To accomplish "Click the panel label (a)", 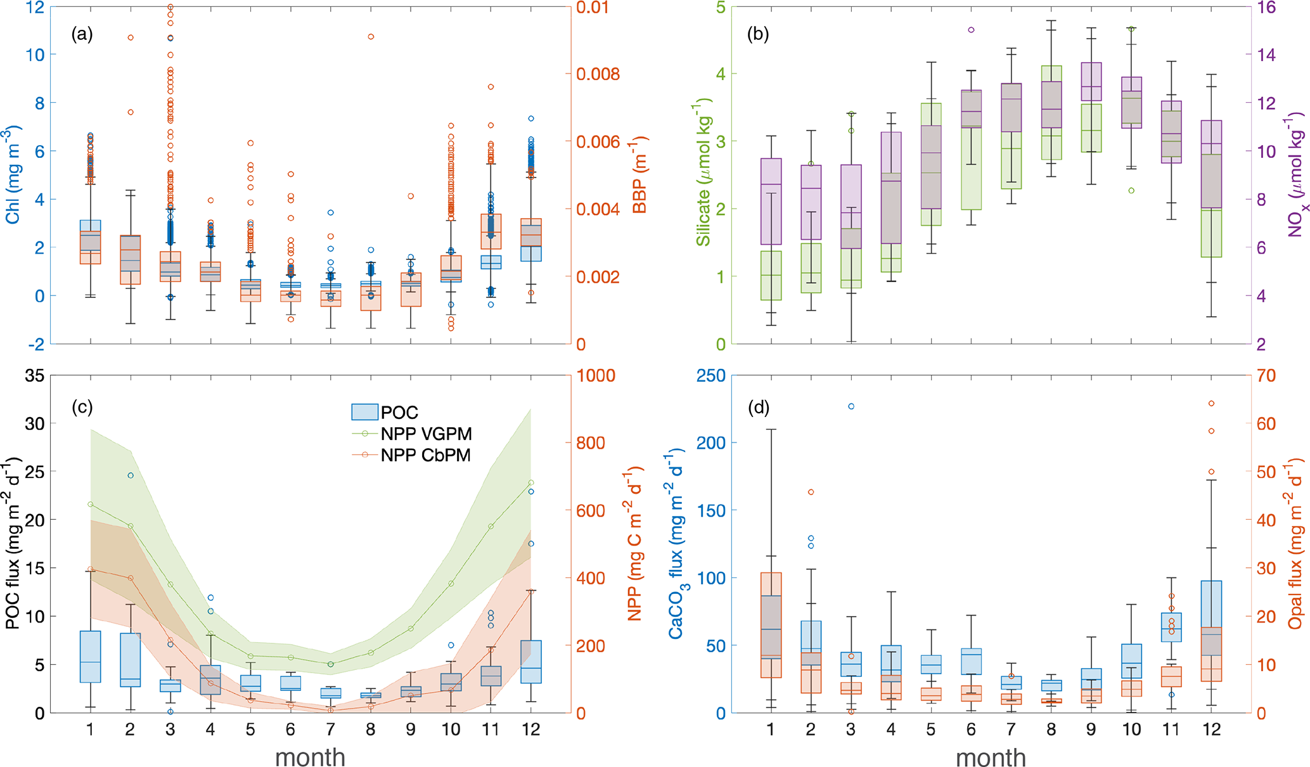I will tap(82, 34).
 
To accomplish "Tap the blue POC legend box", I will tap(365, 412).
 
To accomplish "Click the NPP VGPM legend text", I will tap(426, 434).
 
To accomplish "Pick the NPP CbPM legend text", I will tap(425, 455).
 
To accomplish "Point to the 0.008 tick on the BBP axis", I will tap(597, 74).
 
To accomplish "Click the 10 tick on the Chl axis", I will tap(35, 55).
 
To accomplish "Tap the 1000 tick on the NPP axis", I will tap(596, 376).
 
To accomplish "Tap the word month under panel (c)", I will tap(310, 757).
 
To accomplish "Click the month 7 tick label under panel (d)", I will tap(1011, 729).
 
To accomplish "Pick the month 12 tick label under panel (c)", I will tap(530, 729).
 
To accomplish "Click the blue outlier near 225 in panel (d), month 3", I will tap(851, 406).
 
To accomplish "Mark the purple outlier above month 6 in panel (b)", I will tap(971, 30).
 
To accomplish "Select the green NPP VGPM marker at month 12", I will tap(530, 483).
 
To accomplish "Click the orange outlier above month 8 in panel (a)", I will tap(371, 37).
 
